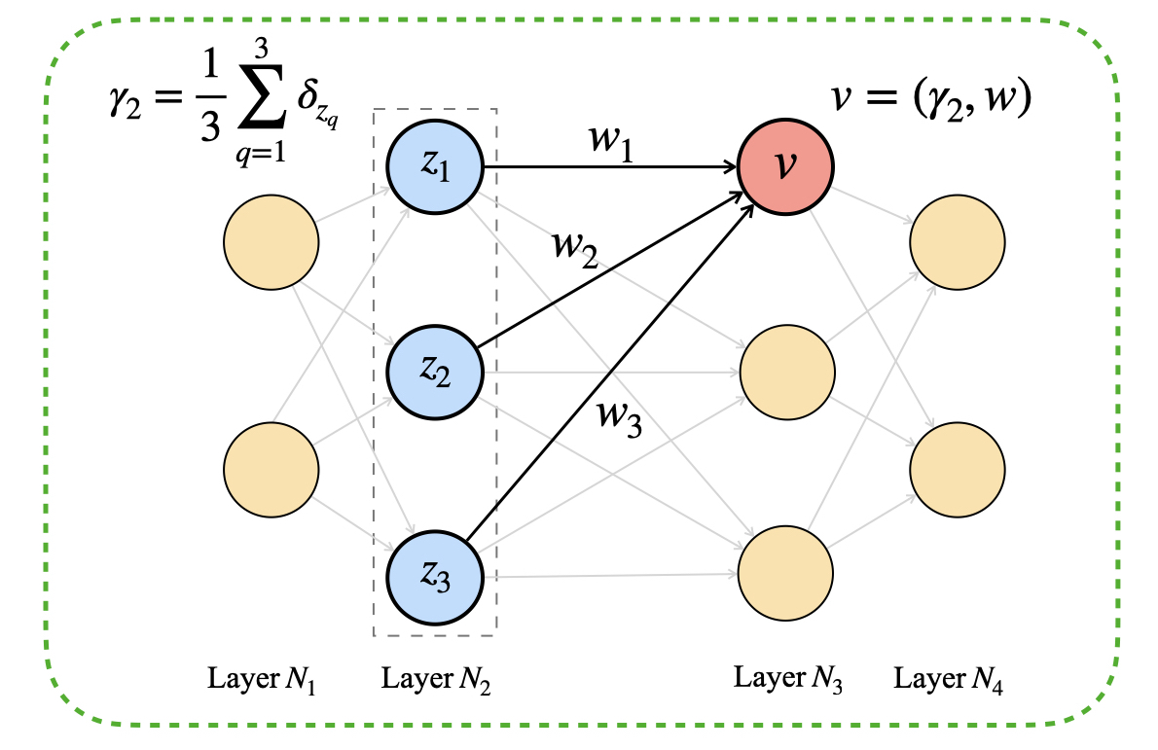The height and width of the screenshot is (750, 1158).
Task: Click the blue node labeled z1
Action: click(x=435, y=167)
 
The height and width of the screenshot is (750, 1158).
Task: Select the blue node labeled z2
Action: click(x=435, y=369)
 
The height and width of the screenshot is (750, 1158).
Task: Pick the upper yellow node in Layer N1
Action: click(x=271, y=242)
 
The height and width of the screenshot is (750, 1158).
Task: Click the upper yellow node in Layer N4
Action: click(x=956, y=242)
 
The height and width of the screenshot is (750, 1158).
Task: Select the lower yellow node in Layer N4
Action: click(x=956, y=468)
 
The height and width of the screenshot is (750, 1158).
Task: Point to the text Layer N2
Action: click(x=436, y=679)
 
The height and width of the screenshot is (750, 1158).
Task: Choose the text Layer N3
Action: click(x=787, y=679)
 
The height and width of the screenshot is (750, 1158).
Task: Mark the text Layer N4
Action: click(x=950, y=679)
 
